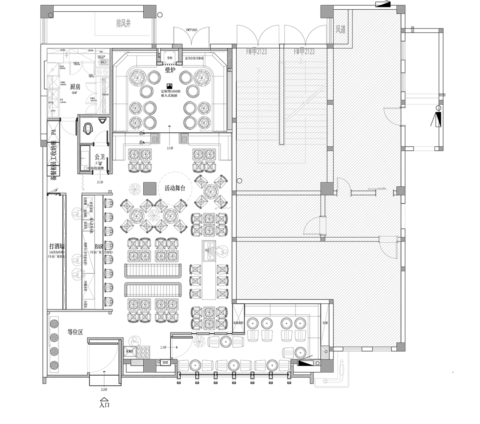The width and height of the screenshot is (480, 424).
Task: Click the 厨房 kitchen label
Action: [x=75, y=87]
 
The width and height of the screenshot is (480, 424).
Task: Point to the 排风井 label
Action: [x=123, y=24]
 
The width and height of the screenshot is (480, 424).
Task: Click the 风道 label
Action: [x=340, y=29]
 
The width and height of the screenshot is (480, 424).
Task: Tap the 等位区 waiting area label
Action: [x=75, y=332]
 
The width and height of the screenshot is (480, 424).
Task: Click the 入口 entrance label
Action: [x=105, y=405]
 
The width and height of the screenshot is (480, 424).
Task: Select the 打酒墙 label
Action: [x=57, y=246]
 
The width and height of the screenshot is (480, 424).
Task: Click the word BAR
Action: [x=99, y=247]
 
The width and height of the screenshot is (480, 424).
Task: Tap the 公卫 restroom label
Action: [x=99, y=157]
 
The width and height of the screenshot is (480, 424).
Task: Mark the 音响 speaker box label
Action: [x=169, y=58]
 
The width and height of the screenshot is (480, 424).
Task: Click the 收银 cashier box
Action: [x=165, y=363]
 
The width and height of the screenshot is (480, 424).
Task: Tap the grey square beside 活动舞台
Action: [x=149, y=189]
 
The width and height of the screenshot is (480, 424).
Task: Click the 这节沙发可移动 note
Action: [x=195, y=58]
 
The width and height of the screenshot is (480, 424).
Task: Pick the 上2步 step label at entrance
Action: [x=105, y=390]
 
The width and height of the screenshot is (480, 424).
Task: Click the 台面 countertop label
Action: [x=325, y=322]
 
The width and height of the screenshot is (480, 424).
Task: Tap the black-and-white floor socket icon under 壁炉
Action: [x=169, y=85]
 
